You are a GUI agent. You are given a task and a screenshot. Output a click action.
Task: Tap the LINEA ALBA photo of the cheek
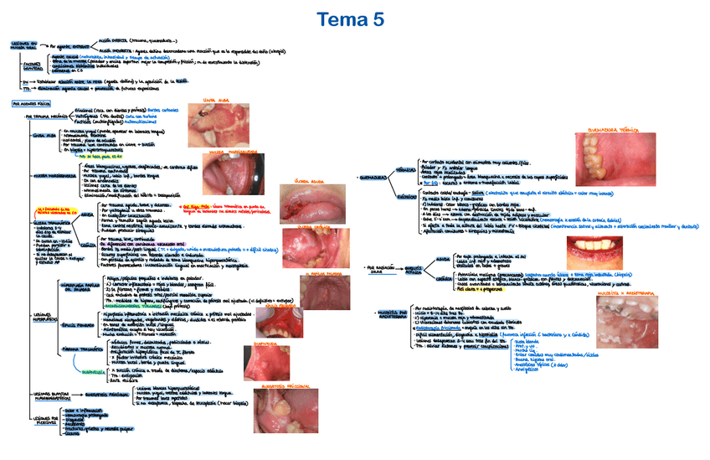point(216,120)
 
